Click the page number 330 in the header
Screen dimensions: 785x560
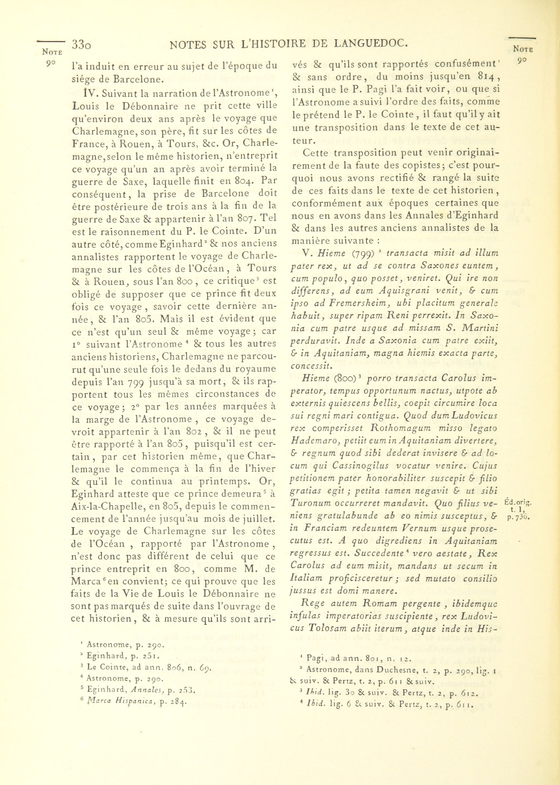point(82,45)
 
